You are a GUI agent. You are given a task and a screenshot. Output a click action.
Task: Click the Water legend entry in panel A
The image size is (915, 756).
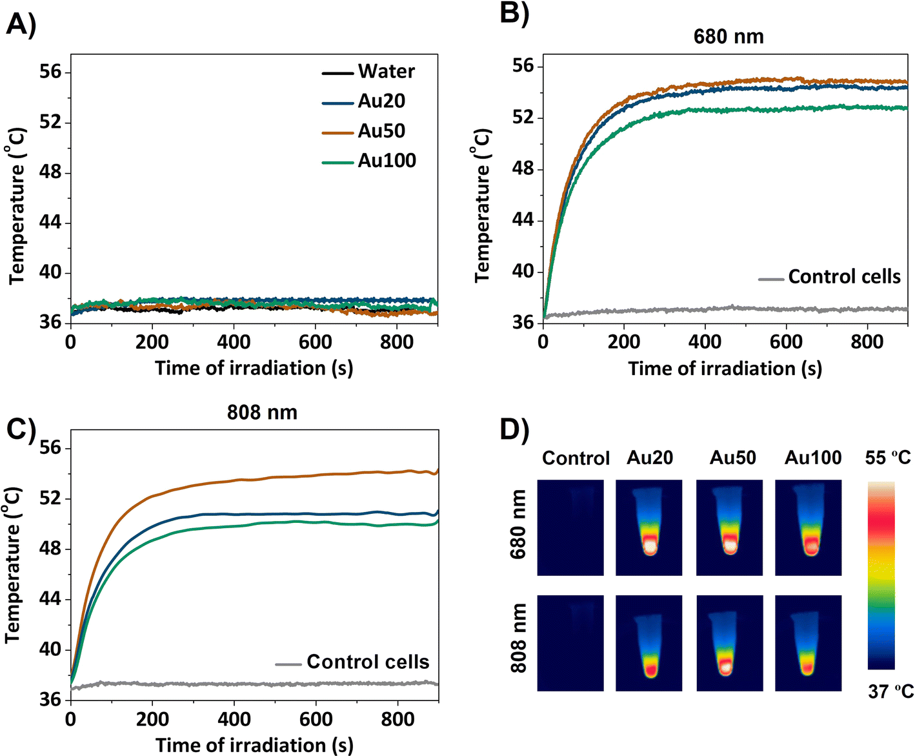(368, 72)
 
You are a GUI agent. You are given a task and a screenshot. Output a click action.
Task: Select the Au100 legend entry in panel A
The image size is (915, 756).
(369, 161)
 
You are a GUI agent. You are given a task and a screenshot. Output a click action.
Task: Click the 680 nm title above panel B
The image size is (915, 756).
(729, 37)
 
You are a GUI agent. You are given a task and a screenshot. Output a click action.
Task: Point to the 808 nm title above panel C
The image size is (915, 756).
(262, 413)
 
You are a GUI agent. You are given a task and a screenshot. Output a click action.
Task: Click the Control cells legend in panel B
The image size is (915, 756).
(830, 277)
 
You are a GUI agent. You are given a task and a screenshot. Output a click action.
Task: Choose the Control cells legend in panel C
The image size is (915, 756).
(352, 662)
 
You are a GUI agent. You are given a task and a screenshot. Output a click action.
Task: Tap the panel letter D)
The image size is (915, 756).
(514, 431)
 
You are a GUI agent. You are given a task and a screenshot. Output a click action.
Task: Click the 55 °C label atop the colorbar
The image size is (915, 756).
(888, 458)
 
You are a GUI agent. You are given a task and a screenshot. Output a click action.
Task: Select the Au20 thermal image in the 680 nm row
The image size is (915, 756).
(649, 527)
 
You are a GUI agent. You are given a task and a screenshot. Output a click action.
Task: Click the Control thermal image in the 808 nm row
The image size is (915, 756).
(570, 643)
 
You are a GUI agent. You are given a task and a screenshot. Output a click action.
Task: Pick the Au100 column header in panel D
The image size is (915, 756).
(813, 458)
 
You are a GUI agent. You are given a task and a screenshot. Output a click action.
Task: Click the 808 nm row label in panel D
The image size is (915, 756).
(518, 638)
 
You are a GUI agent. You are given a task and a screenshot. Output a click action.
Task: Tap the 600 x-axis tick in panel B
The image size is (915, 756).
(786, 342)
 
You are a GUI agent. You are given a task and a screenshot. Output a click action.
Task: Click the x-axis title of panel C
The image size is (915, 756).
(254, 746)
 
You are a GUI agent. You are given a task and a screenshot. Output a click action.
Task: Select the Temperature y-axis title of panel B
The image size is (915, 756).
(481, 206)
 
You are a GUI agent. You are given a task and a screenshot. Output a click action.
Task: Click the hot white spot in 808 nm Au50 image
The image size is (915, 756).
(726, 668)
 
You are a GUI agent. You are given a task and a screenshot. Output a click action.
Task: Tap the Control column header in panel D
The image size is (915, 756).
(576, 458)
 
